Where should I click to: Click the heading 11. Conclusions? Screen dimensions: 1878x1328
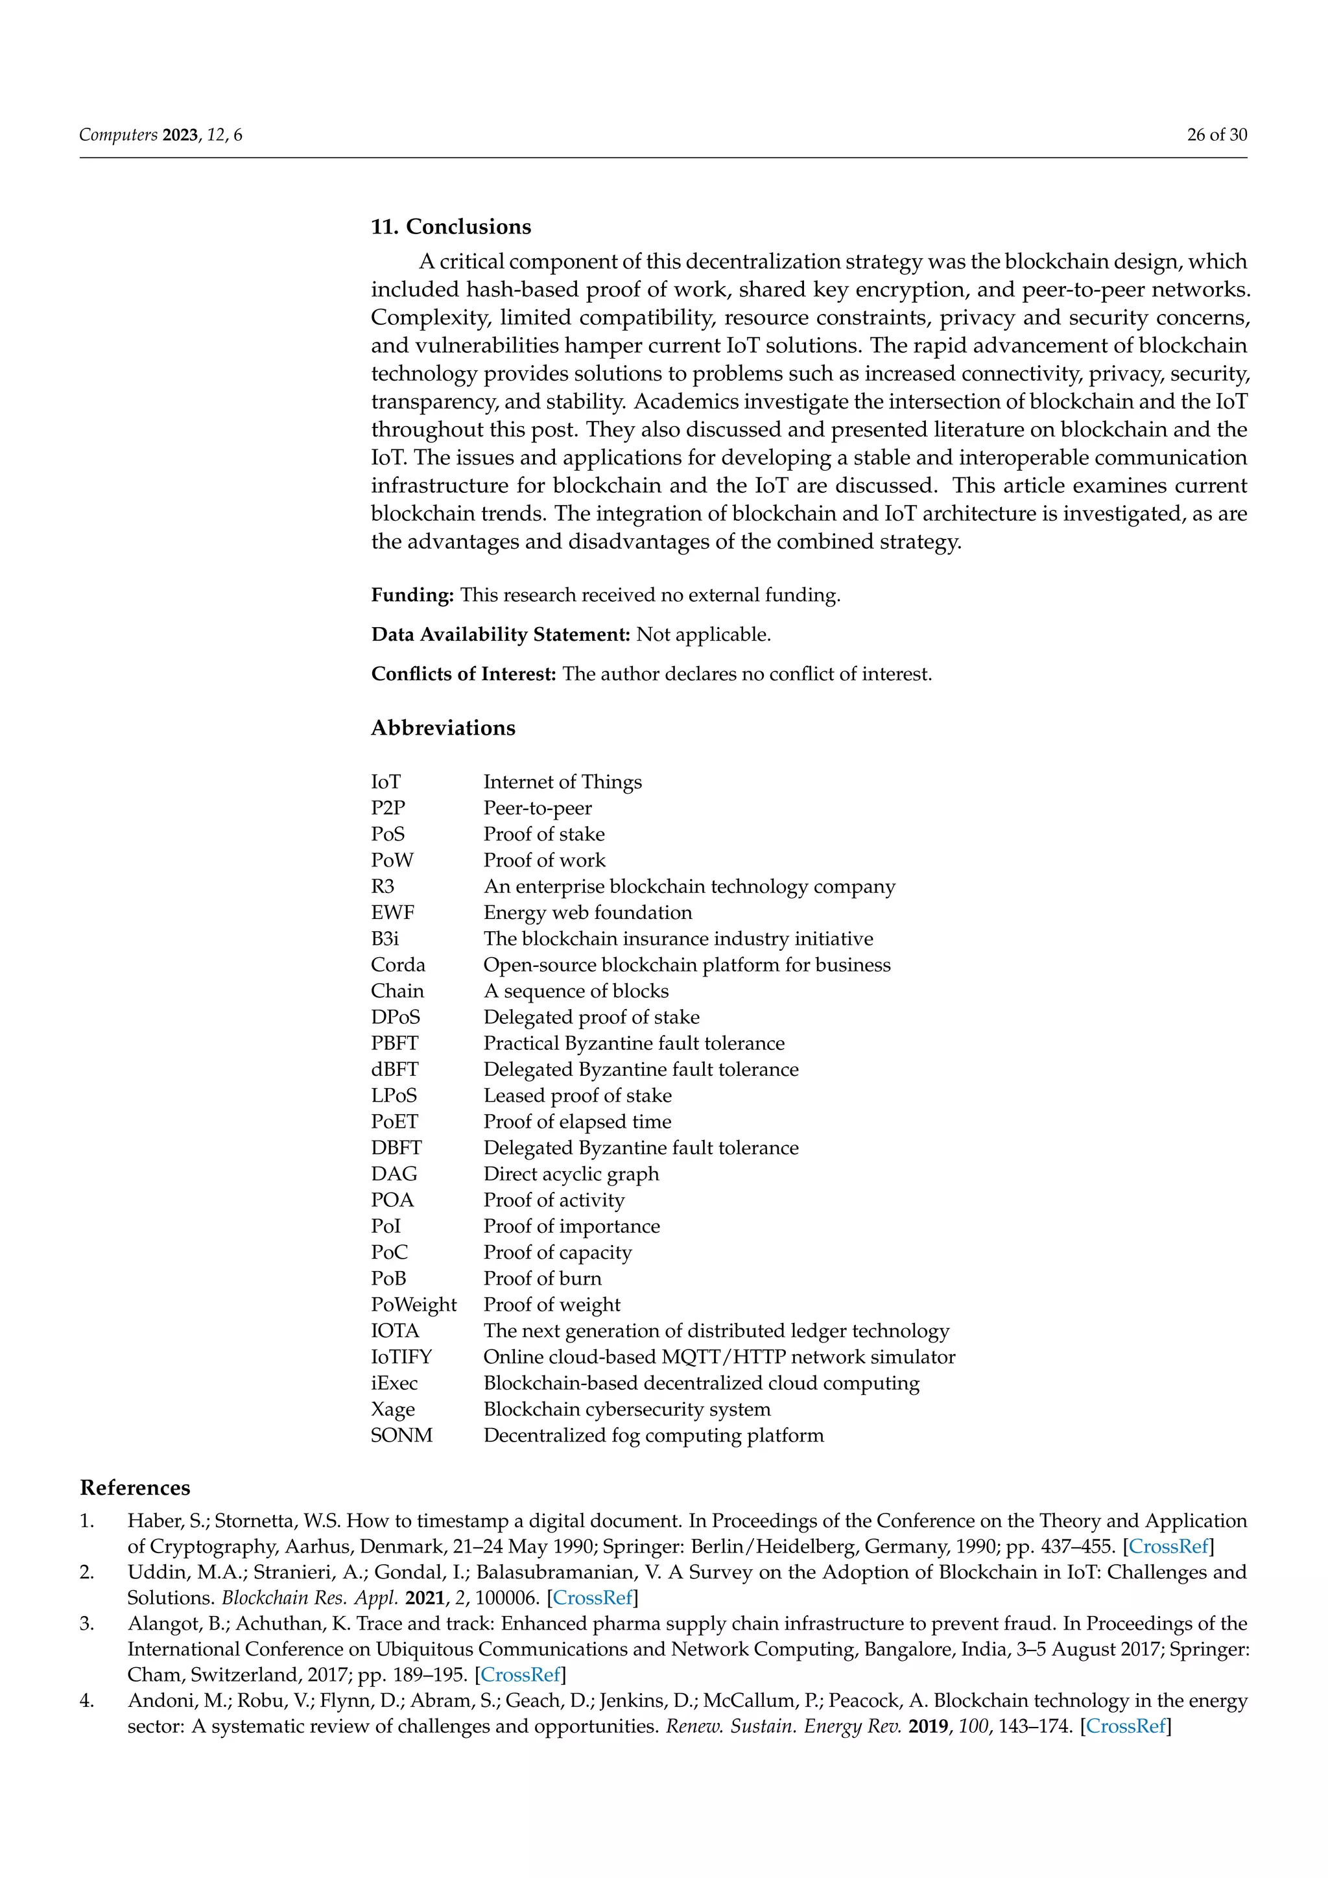coord(451,226)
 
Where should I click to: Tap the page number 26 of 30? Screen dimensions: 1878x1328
coord(1216,135)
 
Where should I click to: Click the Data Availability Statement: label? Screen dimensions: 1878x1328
coord(501,634)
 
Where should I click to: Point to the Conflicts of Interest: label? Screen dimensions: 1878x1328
coord(464,674)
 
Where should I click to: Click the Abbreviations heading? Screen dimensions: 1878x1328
coord(444,728)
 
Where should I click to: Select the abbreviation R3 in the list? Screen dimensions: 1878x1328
coord(383,886)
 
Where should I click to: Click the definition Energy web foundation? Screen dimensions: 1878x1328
coord(587,913)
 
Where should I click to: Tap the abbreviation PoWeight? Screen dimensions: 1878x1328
coord(414,1305)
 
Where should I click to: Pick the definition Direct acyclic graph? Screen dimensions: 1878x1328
coord(571,1174)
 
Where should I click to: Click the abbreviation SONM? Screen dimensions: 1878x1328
coord(401,1436)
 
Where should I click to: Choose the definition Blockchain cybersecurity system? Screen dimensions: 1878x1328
coord(626,1409)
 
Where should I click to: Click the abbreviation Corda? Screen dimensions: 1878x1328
coord(398,965)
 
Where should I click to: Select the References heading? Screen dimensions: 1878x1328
coord(135,1488)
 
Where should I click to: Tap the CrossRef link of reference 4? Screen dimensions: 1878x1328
coord(1125,1727)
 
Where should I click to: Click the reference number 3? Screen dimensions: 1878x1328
coord(87,1624)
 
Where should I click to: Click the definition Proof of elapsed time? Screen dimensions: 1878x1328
coord(577,1121)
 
